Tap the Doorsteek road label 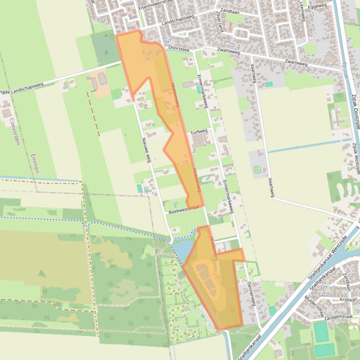coord(179,48)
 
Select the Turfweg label coord(199,132)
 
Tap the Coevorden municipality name coord(14,131)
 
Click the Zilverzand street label coord(220,21)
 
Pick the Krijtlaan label coord(348,299)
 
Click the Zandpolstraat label coord(338,317)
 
